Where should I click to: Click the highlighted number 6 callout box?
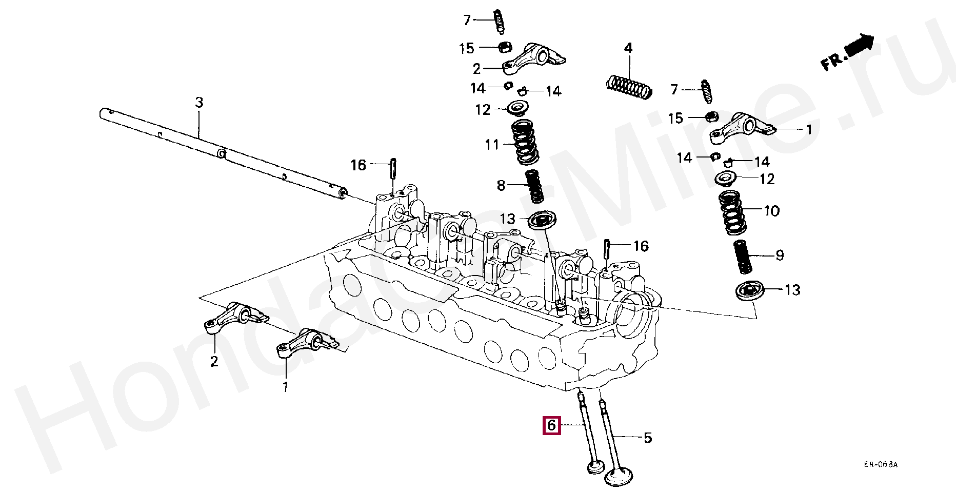(552, 425)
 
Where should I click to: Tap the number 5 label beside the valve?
(647, 438)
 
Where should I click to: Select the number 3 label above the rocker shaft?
(199, 103)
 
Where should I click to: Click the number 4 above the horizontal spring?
(628, 49)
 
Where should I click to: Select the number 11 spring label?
(492, 145)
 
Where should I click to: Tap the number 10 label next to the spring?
(771, 211)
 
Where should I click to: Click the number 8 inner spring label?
(501, 185)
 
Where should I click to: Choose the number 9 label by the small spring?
(779, 255)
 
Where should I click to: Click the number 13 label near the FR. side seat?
(792, 290)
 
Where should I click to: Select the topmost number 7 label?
(467, 21)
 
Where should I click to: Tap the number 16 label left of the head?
(358, 165)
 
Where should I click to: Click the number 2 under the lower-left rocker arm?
(214, 362)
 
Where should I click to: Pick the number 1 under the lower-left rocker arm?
(285, 386)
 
